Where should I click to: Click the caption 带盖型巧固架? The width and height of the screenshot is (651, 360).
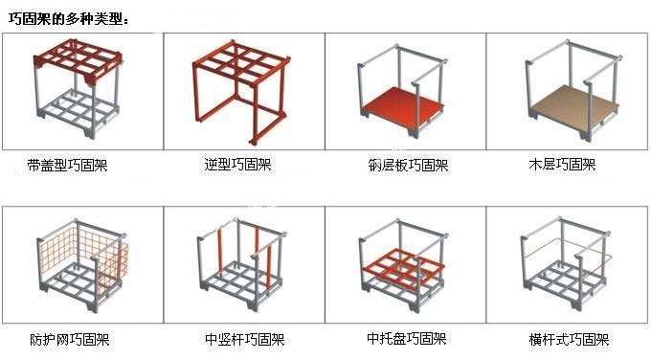pos(68,166)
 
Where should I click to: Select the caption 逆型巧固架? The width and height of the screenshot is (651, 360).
pos(237,165)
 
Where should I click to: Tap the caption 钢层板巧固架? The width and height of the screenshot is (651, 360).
pos(408,166)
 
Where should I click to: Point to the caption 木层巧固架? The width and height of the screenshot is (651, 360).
pos(563,165)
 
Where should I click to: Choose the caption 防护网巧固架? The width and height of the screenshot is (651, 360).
pos(70,340)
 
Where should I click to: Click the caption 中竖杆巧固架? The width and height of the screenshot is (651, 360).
pos(245,340)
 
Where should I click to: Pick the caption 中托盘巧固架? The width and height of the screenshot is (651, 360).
pos(407,339)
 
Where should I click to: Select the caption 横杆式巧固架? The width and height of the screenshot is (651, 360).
pos(570,340)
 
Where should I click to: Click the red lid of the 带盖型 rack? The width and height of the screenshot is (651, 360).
pos(79,61)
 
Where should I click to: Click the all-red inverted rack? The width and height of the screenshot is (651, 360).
pos(241,91)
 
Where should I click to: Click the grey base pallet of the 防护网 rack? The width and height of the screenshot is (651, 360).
pos(79,288)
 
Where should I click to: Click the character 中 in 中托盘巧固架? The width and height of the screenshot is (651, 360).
pos(373,339)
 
